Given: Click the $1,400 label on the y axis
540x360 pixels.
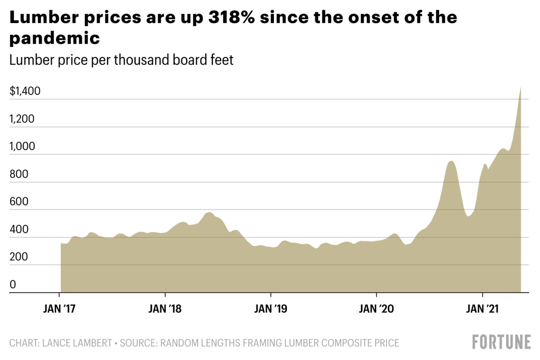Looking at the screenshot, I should click(25, 91).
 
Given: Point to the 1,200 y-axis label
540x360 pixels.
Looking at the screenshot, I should click(22, 119).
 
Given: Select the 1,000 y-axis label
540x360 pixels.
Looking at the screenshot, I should click(22, 146).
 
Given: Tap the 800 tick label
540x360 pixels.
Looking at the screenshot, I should click(19, 174).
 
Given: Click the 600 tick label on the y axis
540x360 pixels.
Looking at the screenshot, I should click(19, 201).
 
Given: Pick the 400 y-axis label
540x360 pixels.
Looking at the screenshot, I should click(19, 229).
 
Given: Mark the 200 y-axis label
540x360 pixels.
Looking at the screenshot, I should click(19, 256).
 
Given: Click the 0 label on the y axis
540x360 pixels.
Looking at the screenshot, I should click(13, 284).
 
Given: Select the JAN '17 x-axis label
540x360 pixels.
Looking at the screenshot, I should click(59, 309).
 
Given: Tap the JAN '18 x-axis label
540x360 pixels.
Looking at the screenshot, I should click(165, 309).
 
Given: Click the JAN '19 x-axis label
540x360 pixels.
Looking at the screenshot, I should click(270, 309).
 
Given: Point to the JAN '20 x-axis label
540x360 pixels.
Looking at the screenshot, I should click(376, 309).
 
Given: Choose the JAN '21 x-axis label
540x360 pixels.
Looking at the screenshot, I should click(482, 309).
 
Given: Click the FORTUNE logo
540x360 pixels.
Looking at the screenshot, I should click(501, 342).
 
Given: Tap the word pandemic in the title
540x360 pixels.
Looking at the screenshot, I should click(55, 38).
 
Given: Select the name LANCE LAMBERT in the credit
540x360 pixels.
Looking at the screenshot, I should click(77, 343).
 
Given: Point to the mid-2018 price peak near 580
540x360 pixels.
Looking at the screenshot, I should click(209, 213).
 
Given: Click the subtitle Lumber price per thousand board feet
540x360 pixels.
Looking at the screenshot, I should click(121, 60).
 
